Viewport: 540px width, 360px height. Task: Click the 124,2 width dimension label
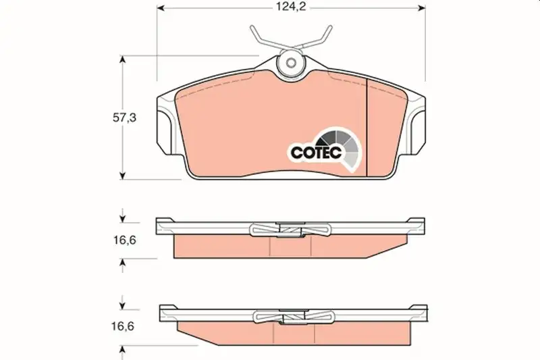click(x=291, y=7)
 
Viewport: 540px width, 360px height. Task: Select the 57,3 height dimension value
click(x=124, y=118)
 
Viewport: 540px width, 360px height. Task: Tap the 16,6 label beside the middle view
click(x=125, y=240)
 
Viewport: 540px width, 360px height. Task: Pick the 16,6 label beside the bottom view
click(x=123, y=326)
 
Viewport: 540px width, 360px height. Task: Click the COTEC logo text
click(x=316, y=152)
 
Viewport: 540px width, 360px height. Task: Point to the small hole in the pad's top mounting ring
click(x=292, y=63)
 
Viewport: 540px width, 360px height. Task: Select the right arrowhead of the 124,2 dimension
click(x=421, y=7)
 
